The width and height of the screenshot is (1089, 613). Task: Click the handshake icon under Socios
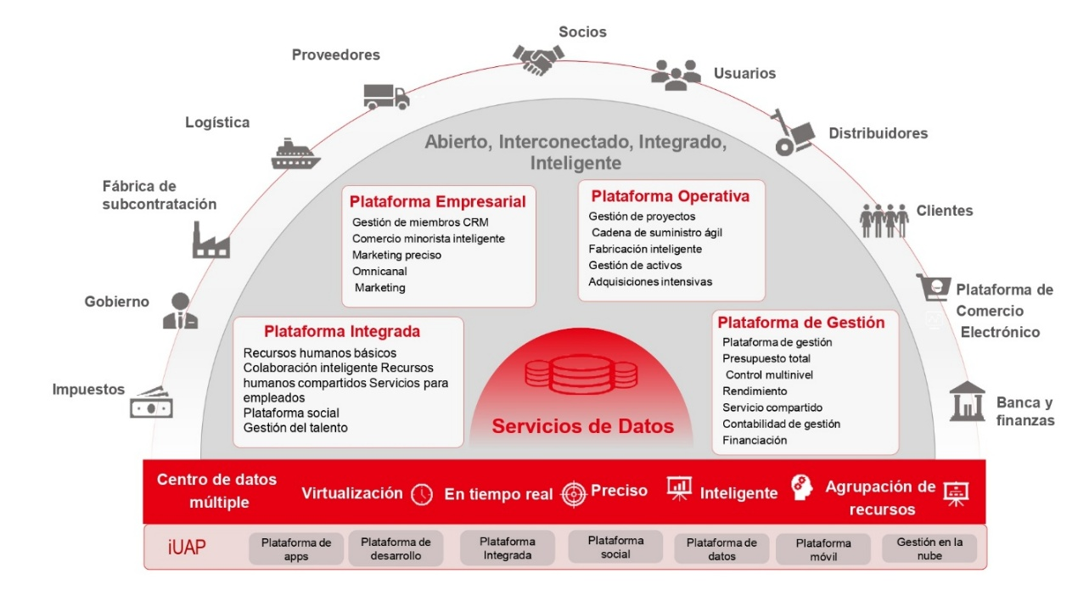click(538, 59)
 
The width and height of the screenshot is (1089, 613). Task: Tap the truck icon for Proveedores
click(386, 97)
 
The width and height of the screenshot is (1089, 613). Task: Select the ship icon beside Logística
click(295, 155)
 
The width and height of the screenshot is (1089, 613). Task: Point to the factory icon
click(211, 240)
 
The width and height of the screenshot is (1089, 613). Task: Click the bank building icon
click(967, 401)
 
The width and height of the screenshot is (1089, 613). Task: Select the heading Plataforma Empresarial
click(437, 202)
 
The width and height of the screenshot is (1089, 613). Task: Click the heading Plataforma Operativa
click(671, 196)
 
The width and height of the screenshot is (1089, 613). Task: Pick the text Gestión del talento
click(295, 428)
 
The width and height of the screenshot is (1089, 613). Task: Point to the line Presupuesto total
click(766, 358)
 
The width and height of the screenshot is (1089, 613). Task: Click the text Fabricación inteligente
click(645, 249)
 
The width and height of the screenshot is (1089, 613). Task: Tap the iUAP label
click(186, 548)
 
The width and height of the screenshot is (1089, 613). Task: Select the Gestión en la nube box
click(929, 548)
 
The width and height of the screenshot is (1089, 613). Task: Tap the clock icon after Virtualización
click(422, 494)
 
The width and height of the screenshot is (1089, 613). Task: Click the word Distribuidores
click(878, 133)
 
